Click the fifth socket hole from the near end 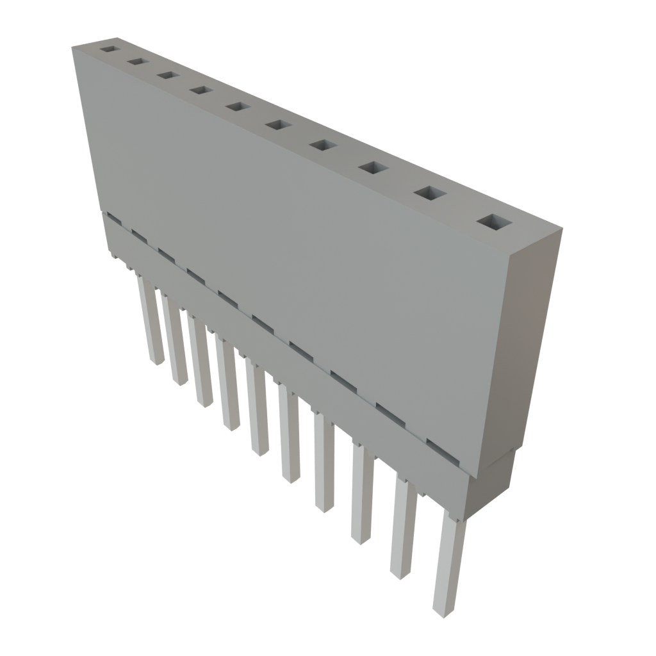click(x=278, y=124)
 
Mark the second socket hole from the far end click(x=136, y=61)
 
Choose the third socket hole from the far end click(x=167, y=75)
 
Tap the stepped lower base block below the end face click(x=491, y=487)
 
